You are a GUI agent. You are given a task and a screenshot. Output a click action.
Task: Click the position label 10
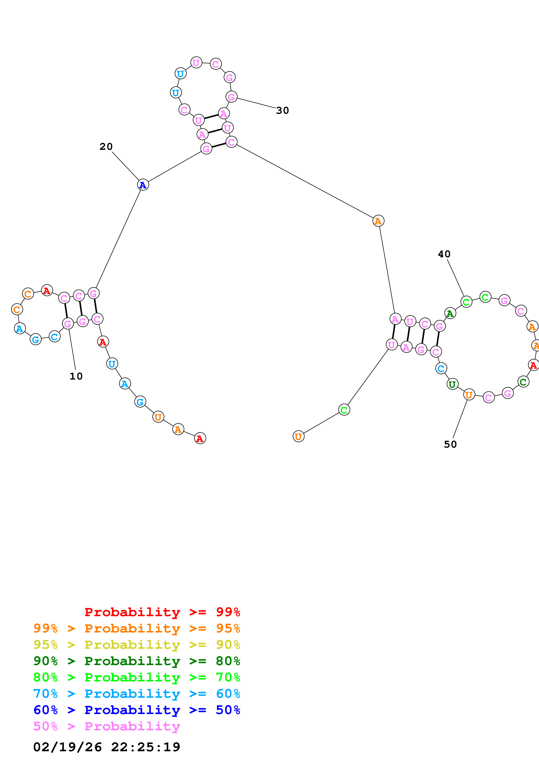coord(76,376)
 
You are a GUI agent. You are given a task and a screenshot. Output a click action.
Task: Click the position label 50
coord(450,445)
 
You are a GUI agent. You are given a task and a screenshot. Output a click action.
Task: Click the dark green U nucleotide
coord(452,385)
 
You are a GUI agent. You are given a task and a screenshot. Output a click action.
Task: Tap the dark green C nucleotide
coord(523,382)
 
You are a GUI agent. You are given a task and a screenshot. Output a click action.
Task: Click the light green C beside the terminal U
coord(344,410)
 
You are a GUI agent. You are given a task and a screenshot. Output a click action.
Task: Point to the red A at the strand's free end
coord(200,439)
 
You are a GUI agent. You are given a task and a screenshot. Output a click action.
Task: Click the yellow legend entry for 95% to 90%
coord(137,645)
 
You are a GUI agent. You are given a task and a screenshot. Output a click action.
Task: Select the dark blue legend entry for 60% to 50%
coord(137,710)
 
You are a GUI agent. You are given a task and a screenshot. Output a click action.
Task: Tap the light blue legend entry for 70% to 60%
coord(137,694)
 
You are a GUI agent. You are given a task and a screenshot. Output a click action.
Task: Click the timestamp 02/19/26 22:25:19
coord(107,747)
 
